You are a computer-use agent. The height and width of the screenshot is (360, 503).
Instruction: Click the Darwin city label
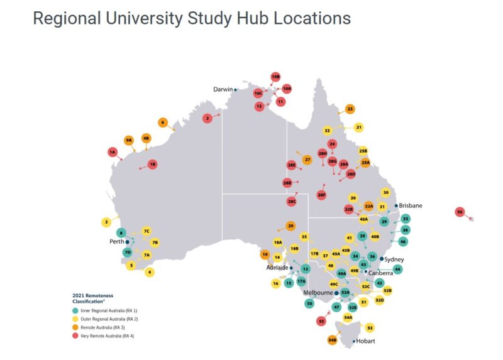(223, 89)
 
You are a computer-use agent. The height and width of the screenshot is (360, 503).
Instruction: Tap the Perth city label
(116, 241)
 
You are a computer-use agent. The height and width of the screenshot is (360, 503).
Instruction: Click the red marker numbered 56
(460, 212)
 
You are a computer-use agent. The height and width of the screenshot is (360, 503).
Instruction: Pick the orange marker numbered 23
(350, 109)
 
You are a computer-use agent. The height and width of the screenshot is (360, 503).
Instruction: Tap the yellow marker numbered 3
(107, 222)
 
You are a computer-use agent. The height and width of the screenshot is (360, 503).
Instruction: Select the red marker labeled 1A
(113, 152)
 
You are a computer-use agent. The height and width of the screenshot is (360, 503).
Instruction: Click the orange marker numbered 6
(163, 123)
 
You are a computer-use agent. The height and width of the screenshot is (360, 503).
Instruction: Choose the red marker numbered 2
(207, 118)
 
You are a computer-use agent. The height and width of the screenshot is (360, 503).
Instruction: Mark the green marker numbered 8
(121, 233)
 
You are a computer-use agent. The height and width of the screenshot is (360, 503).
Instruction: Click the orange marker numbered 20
(290, 226)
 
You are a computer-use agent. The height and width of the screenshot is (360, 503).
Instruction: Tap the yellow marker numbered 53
(370, 327)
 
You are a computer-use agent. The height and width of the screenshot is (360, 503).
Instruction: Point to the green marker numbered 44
(397, 269)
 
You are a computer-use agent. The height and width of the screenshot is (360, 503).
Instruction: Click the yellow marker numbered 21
(359, 128)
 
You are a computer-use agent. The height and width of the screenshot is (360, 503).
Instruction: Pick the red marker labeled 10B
(275, 77)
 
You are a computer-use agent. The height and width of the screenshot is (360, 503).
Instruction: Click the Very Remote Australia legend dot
(76, 336)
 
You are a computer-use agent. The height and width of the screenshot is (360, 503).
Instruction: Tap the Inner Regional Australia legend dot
(76, 310)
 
